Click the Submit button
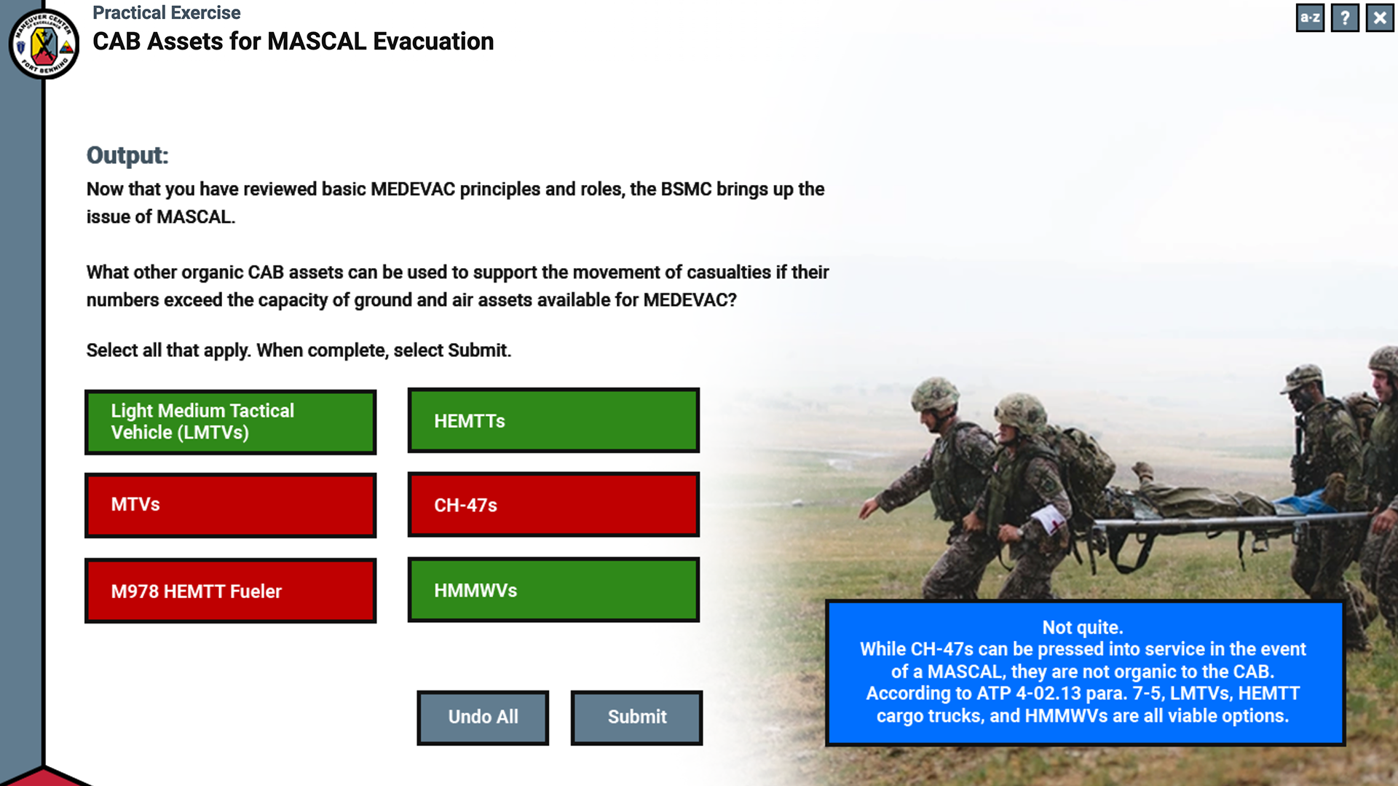coord(636,718)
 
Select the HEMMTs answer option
coord(553,420)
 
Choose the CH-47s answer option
coord(553,505)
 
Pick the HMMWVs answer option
coord(553,590)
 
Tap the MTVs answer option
coord(230,505)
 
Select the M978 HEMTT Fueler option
coord(230,591)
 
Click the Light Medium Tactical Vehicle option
coord(230,422)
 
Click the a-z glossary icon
coord(1310,17)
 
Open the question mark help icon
coord(1345,17)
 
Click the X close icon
coord(1380,17)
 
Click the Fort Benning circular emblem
coord(44,44)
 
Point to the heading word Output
coord(127,155)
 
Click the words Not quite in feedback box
coord(1083,627)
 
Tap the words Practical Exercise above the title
coord(166,13)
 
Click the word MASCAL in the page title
coord(317,42)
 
